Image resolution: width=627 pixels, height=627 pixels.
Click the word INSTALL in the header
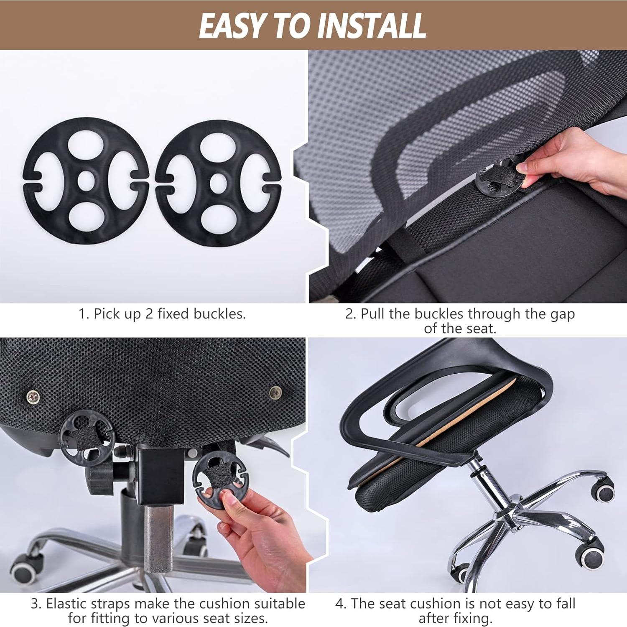point(371,26)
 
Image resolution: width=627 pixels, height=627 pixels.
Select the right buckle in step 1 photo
point(218,183)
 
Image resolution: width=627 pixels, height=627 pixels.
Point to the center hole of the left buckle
point(86,180)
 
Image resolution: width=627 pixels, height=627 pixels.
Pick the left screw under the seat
point(33,396)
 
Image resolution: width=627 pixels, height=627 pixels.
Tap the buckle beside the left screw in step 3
point(87,436)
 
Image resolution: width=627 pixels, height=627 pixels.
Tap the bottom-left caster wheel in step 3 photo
point(26,568)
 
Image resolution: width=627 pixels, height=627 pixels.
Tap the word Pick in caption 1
point(104,314)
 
